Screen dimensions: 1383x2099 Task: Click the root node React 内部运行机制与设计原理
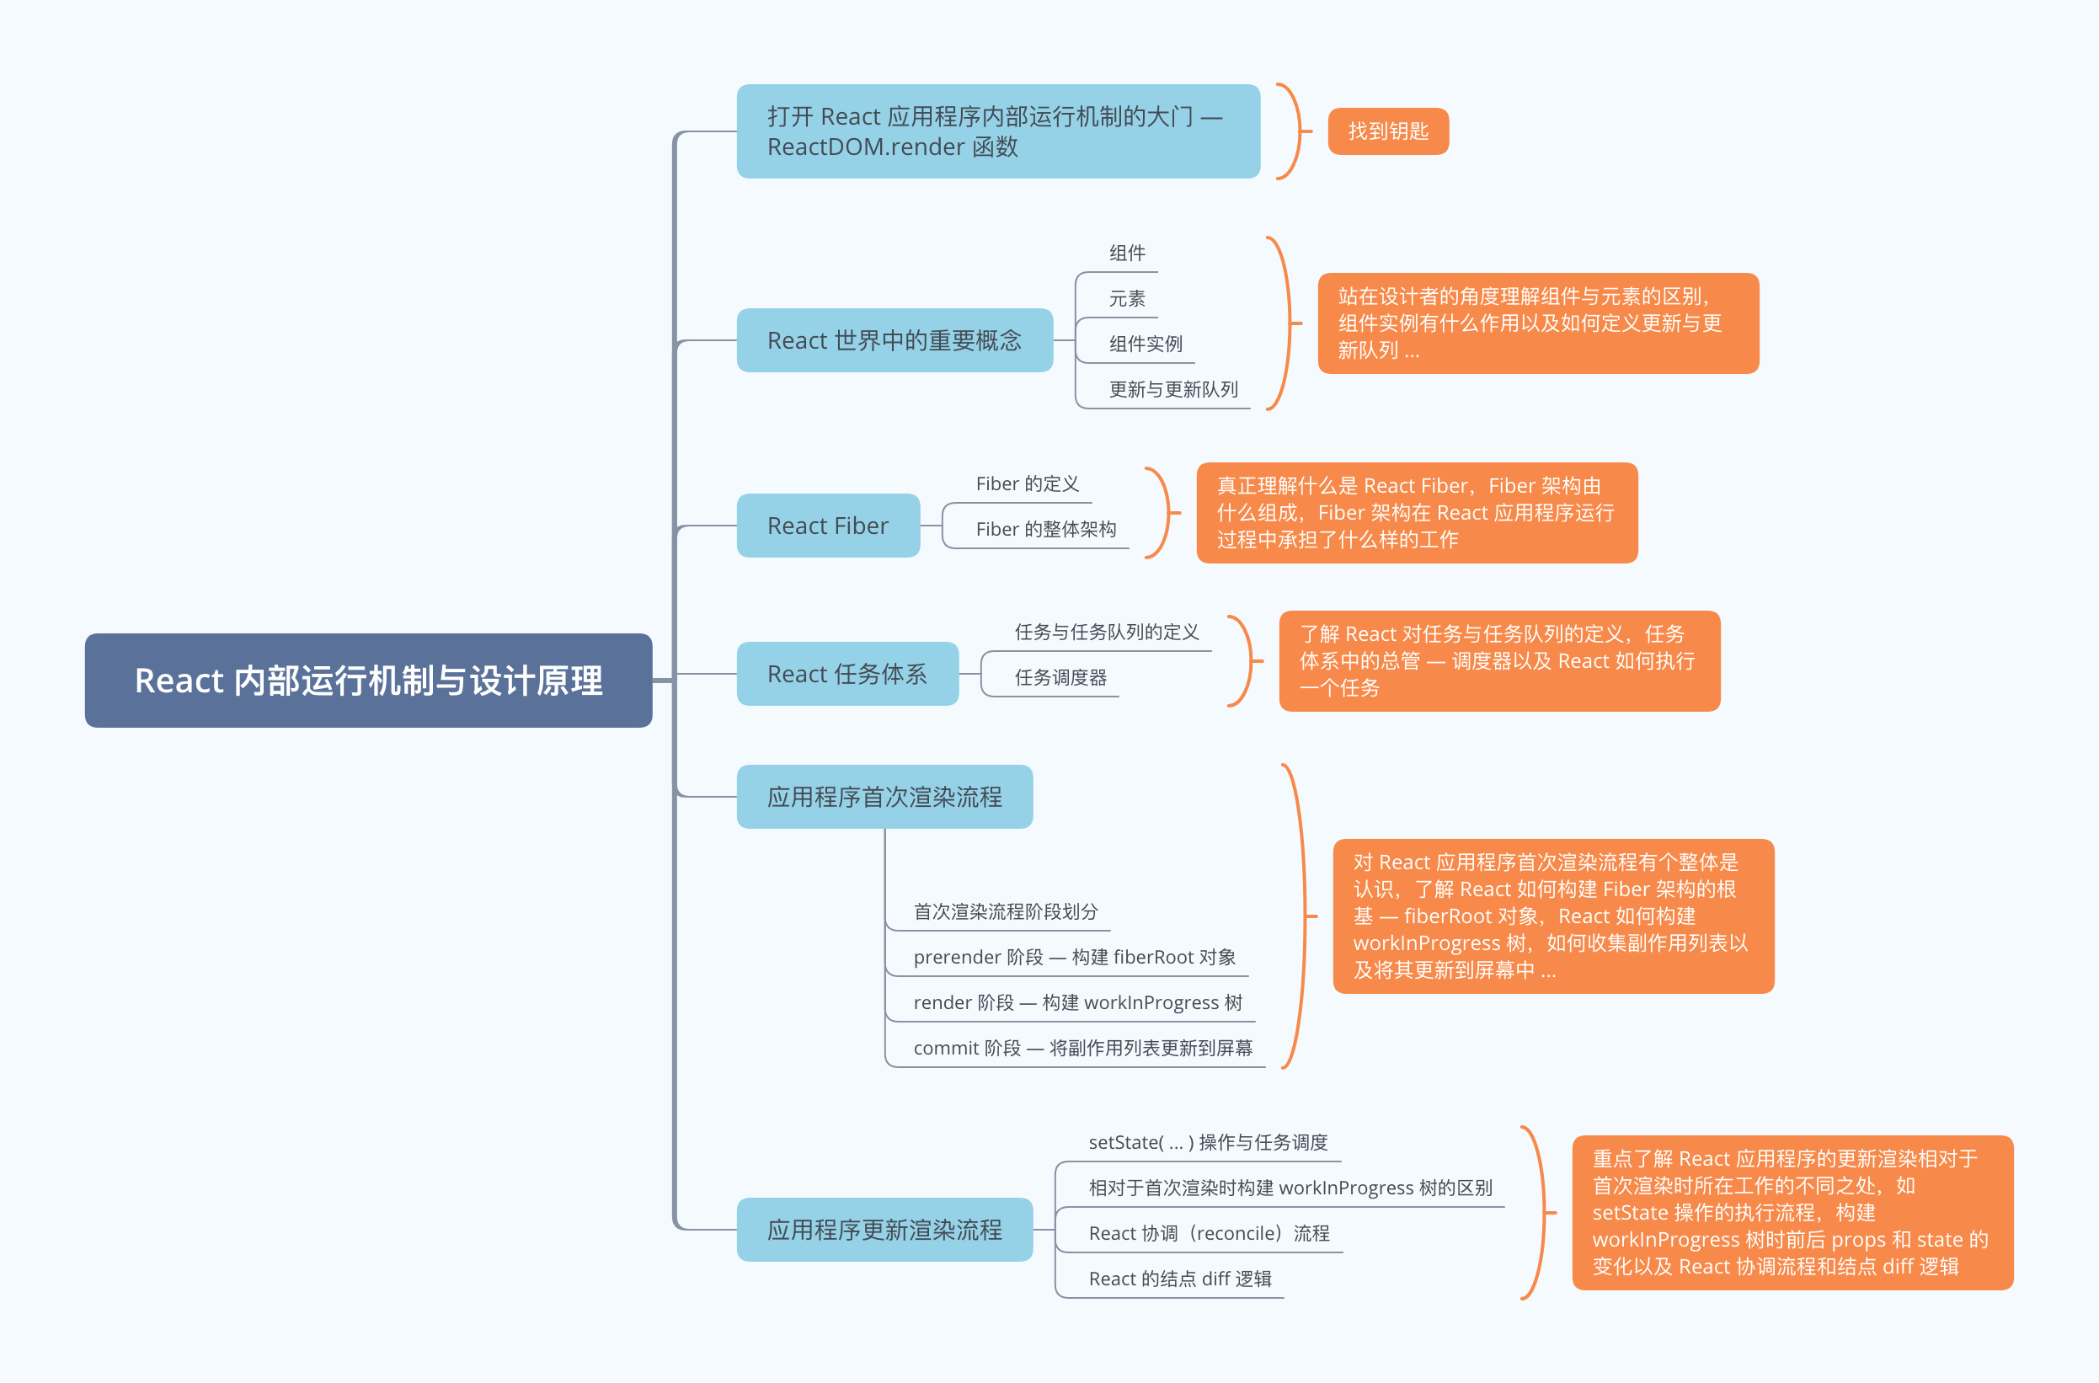coord(368,680)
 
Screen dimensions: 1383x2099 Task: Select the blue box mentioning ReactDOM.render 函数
coord(997,131)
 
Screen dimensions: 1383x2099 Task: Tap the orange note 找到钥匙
coord(1387,131)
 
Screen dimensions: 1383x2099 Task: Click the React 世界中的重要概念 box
coord(895,340)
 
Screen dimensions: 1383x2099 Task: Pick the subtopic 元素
coord(1126,299)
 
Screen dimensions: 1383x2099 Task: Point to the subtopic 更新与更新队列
coord(1172,390)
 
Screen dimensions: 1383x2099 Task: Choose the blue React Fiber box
coord(827,526)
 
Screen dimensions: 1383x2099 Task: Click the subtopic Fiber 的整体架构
coord(1045,529)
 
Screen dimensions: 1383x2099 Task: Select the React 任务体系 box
coord(847,674)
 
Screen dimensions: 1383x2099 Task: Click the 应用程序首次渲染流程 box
coord(884,797)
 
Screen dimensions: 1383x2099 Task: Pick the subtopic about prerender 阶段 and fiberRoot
coord(1073,957)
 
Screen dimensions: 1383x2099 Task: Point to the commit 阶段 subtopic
coord(1082,1048)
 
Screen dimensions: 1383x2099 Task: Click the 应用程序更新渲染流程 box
coord(884,1230)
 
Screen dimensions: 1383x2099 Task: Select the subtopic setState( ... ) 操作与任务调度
coord(1207,1142)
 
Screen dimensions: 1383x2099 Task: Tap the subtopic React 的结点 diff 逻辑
coord(1179,1279)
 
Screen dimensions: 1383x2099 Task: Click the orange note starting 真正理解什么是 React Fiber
coord(1417,512)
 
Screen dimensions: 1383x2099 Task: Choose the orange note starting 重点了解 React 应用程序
coord(1792,1212)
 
